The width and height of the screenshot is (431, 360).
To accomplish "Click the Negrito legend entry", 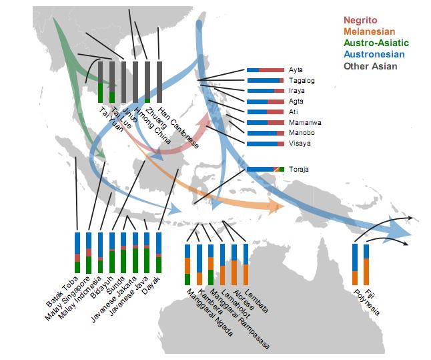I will point(361,21).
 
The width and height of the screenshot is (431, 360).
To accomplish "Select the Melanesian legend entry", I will point(369,31).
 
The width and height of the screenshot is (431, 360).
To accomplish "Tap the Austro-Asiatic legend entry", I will point(376,43).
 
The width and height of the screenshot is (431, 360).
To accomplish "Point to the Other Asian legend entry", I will point(370,65).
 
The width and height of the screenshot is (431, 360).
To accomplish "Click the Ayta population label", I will point(296,70).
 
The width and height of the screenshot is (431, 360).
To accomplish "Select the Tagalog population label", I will point(302,81).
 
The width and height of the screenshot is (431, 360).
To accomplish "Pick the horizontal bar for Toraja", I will point(265,170).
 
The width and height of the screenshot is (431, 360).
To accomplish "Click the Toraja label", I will point(299,170).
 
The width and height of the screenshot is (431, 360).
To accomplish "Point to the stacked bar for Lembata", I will point(246,264).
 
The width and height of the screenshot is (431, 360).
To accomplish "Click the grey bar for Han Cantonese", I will point(159,82).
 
